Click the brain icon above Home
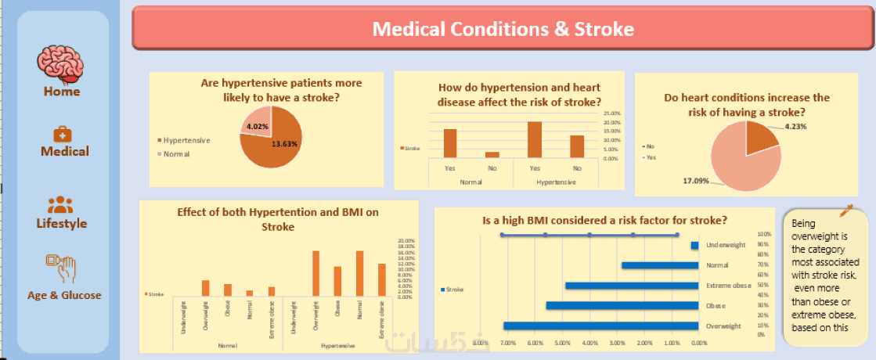click(62, 62)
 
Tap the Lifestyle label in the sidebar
click(62, 223)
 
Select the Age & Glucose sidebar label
click(64, 295)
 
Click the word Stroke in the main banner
click(604, 29)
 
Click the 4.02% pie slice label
click(258, 126)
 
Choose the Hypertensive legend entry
click(186, 140)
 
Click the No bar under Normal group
click(492, 154)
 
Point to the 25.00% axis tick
click(612, 112)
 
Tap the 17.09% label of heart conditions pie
click(696, 182)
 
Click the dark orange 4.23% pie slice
click(761, 139)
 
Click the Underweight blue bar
click(694, 245)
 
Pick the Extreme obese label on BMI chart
click(727, 286)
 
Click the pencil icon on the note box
click(846, 211)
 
